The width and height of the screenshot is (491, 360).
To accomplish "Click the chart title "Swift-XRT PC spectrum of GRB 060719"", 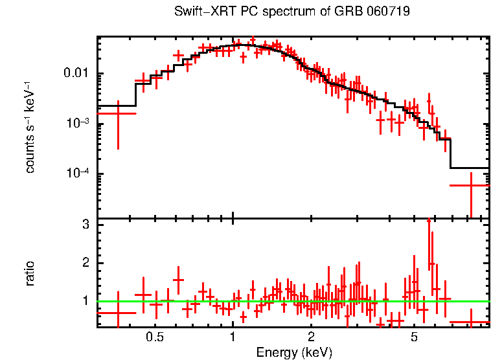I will point(292,12).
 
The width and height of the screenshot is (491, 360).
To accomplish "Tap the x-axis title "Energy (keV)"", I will point(294,353).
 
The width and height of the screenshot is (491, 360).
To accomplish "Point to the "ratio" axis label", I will point(30,273).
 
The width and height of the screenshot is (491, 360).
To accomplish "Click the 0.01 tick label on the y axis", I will point(77,73).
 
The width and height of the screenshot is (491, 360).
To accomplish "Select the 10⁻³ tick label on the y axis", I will point(78,123).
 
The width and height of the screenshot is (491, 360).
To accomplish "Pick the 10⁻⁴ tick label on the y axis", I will point(78,174).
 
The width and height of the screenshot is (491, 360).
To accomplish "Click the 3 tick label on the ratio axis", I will point(84,225).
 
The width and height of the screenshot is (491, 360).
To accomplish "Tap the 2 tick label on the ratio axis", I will point(84,263).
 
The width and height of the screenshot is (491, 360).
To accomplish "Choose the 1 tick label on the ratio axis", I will point(84,301).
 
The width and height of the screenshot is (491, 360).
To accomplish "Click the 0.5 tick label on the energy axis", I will point(155,337).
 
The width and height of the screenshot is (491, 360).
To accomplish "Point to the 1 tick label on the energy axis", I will point(233,337).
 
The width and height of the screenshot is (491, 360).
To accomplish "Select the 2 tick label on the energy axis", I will point(311,337).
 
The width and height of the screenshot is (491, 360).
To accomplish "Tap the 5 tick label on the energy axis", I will point(414,337).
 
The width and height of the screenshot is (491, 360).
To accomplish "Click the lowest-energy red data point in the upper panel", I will point(117,113).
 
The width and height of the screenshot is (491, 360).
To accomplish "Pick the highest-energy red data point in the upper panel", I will point(470,186).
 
